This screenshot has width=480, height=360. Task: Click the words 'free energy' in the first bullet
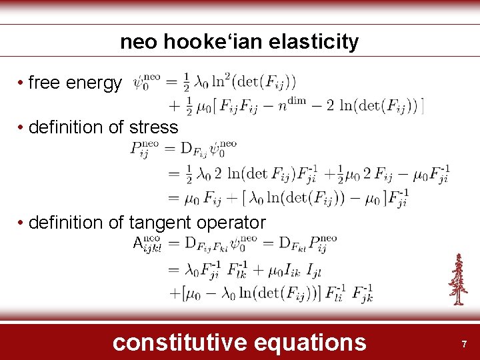pos(75,83)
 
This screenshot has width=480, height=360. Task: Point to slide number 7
pos(464,344)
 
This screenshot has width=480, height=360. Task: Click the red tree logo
pos(457,280)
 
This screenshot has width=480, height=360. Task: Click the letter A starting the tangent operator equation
pos(137,243)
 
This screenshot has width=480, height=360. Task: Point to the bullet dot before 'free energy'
pos(21,83)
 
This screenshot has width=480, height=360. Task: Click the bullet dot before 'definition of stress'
pos(21,127)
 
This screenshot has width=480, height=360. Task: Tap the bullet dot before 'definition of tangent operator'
pos(21,223)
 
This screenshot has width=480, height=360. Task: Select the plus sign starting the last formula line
pos(175,293)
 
